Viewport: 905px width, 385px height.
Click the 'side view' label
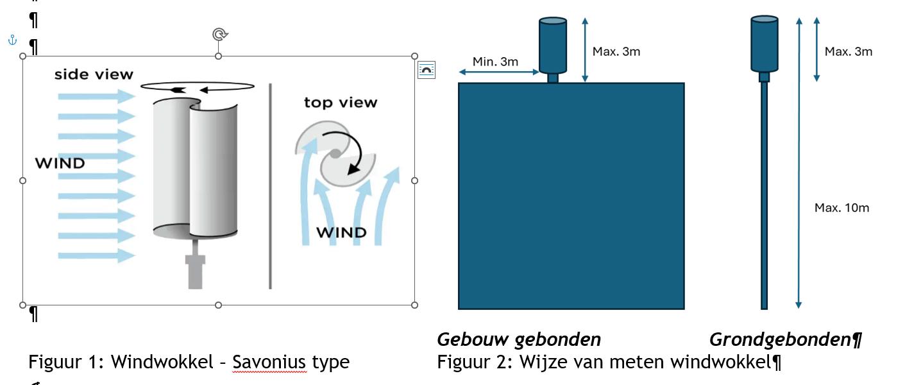94,74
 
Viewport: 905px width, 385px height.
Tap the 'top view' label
341,103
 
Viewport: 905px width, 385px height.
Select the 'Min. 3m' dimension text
495,62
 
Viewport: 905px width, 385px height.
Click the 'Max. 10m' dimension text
842,208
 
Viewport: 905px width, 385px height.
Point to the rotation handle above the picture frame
219,34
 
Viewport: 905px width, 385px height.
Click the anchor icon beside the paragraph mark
12,40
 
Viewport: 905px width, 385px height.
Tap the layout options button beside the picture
427,70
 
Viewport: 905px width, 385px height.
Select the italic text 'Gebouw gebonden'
519,339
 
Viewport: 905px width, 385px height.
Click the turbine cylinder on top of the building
552,46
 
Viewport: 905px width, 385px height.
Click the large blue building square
571,196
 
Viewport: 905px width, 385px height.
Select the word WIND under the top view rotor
342,232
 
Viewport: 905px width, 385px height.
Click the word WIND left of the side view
60,163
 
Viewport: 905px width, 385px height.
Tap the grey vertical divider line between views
270,186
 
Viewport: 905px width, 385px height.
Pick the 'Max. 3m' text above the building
616,51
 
